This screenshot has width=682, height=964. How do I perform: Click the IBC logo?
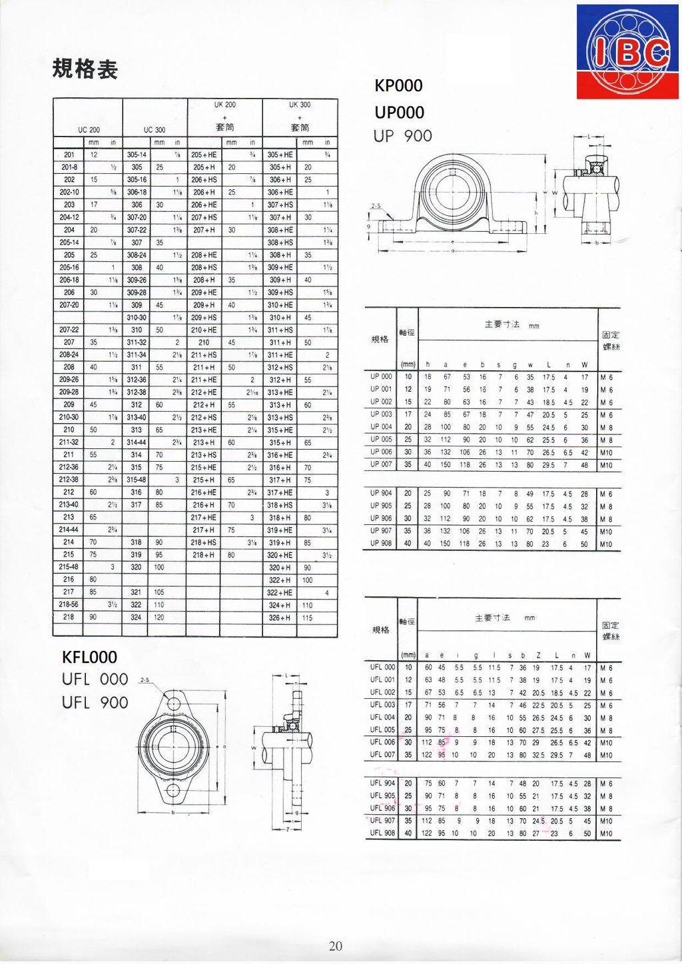click(x=628, y=52)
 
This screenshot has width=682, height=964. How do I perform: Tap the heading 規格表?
click(x=85, y=69)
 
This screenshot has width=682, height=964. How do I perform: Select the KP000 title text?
click(x=398, y=86)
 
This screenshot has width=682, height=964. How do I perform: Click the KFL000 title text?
click(x=89, y=658)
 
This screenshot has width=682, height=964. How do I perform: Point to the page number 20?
click(x=336, y=946)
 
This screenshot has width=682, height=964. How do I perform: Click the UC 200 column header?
click(x=89, y=130)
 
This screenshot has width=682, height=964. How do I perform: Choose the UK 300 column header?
click(x=300, y=105)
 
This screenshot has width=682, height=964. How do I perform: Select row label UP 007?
click(x=381, y=464)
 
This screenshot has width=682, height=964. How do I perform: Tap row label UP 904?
click(x=381, y=493)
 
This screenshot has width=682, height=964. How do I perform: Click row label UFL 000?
click(x=382, y=667)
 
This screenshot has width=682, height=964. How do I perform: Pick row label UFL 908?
click(x=382, y=833)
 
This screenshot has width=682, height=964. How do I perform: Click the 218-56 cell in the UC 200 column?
click(x=69, y=605)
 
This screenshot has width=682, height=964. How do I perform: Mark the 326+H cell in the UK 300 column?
click(x=279, y=618)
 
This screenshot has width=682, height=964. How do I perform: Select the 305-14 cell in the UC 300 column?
click(x=137, y=155)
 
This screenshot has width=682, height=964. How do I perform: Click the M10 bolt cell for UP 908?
click(x=606, y=544)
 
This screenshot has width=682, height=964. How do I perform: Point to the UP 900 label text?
click(x=402, y=136)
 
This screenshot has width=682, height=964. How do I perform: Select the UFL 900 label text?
click(x=95, y=703)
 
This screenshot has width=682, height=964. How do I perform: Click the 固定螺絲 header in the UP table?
click(x=610, y=340)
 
